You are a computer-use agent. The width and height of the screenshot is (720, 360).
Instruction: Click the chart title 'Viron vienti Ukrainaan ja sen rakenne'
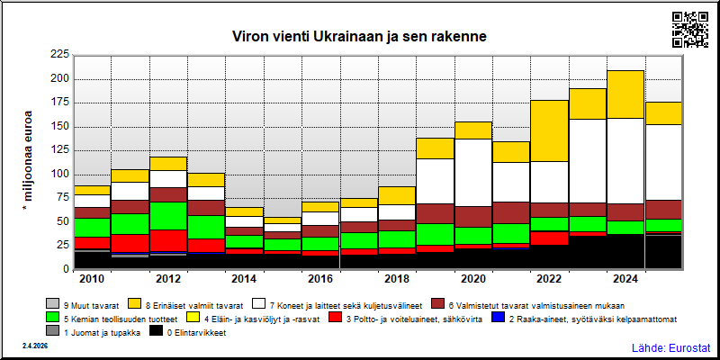pyautogui.click(x=359, y=36)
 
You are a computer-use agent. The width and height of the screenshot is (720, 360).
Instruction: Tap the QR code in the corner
pyautogui.click(x=690, y=30)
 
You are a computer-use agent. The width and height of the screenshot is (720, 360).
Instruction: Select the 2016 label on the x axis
pyautogui.click(x=321, y=280)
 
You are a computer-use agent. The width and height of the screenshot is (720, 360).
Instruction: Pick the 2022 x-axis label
pyautogui.click(x=550, y=280)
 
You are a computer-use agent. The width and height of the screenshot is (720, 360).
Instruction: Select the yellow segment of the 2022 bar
pyautogui.click(x=550, y=130)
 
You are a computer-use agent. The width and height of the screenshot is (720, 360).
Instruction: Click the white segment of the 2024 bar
pyautogui.click(x=625, y=161)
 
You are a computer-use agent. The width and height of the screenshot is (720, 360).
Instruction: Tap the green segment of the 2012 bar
pyautogui.click(x=168, y=216)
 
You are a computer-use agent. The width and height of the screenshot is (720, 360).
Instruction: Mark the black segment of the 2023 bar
pyautogui.click(x=588, y=252)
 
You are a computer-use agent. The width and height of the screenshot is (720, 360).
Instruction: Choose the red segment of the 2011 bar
pyautogui.click(x=130, y=243)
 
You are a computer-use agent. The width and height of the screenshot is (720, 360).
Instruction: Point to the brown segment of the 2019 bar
pyautogui.click(x=435, y=214)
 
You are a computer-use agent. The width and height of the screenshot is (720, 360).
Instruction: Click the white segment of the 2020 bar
pyautogui.click(x=473, y=173)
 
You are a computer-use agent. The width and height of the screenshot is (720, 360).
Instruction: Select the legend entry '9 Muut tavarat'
pyautogui.click(x=83, y=305)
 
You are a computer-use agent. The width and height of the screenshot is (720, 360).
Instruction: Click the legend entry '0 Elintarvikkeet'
pyautogui.click(x=188, y=332)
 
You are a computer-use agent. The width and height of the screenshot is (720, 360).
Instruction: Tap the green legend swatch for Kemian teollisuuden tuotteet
pyautogui.click(x=53, y=319)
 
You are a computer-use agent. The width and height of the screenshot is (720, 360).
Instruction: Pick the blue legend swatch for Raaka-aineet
pyautogui.click(x=498, y=319)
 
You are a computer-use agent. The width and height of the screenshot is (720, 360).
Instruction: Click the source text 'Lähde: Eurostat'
pyautogui.click(x=670, y=347)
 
